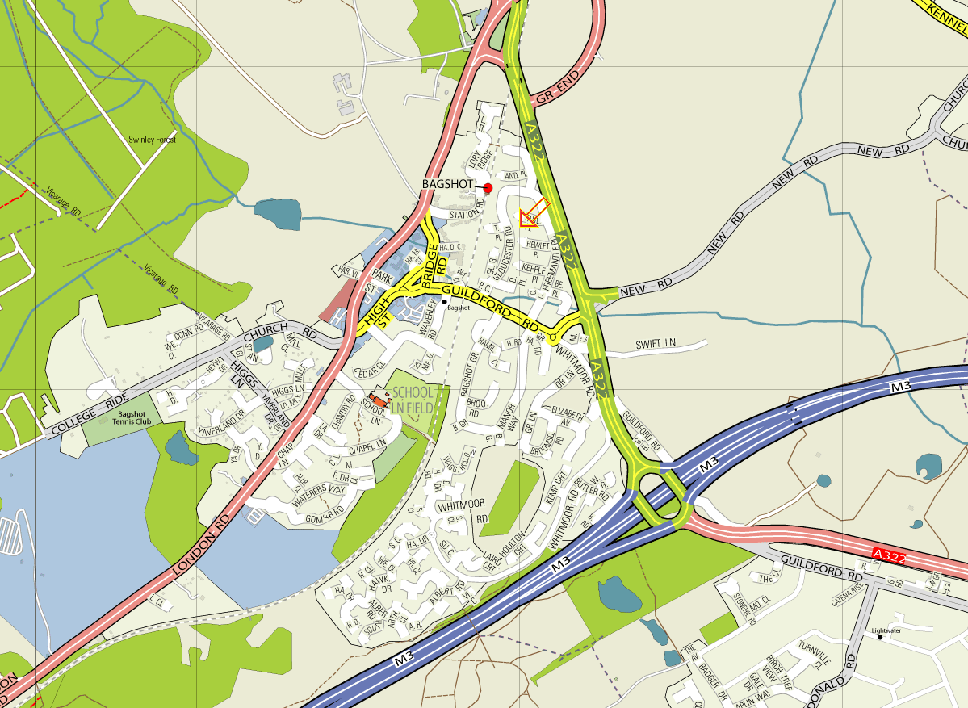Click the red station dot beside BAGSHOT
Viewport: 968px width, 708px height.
pos(488,188)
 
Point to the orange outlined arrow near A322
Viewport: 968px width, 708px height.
pos(534,213)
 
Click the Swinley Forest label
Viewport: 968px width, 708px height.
pos(153,140)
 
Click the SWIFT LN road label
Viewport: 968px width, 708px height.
pos(655,344)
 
